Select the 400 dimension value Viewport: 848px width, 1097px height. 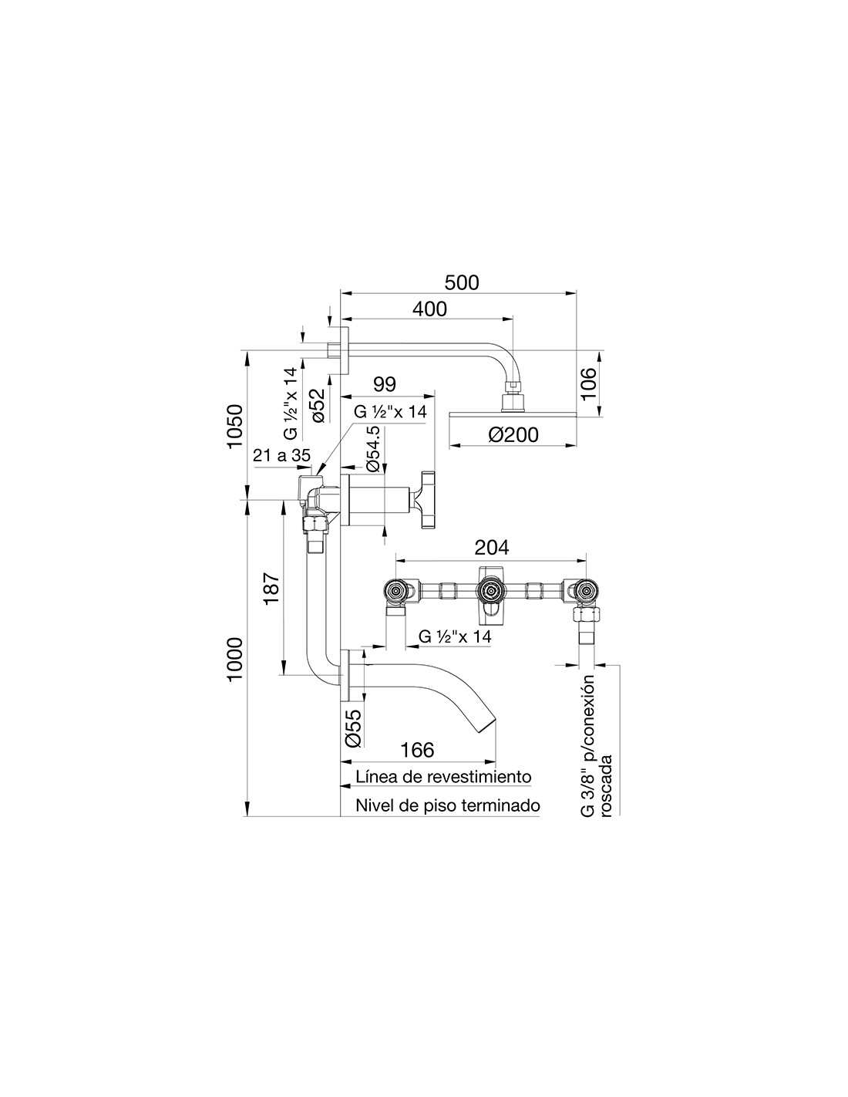pos(430,309)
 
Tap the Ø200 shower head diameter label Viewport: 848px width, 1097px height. pos(513,434)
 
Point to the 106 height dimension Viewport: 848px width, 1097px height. pos(588,384)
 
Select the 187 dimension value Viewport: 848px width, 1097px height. pos(271,589)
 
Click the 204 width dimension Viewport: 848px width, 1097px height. pos(491,547)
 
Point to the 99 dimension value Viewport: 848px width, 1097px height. pos(385,384)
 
